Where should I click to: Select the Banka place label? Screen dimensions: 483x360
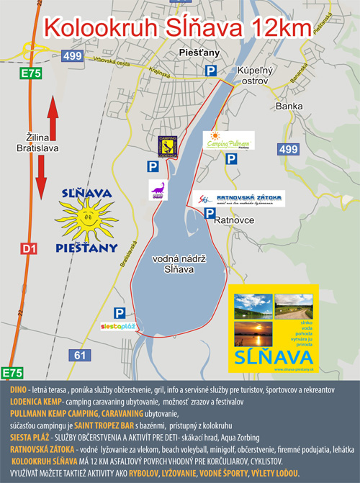(289, 107)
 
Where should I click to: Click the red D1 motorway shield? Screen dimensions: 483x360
(28, 249)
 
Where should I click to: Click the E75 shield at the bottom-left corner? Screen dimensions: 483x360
(12, 373)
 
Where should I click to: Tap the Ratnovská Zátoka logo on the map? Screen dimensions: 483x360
(240, 199)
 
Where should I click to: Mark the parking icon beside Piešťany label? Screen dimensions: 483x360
(211, 70)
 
